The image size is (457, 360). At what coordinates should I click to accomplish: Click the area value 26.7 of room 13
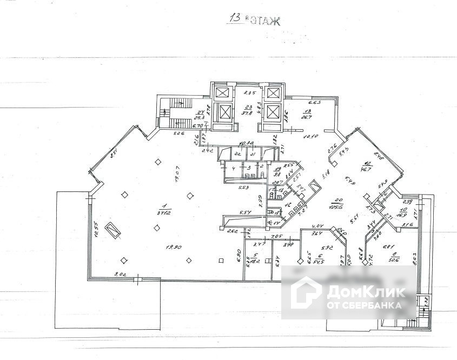pos(307,116)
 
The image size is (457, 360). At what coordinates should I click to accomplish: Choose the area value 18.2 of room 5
pos(257,261)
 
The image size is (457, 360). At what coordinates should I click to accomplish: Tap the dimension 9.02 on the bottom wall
pos(120,275)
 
